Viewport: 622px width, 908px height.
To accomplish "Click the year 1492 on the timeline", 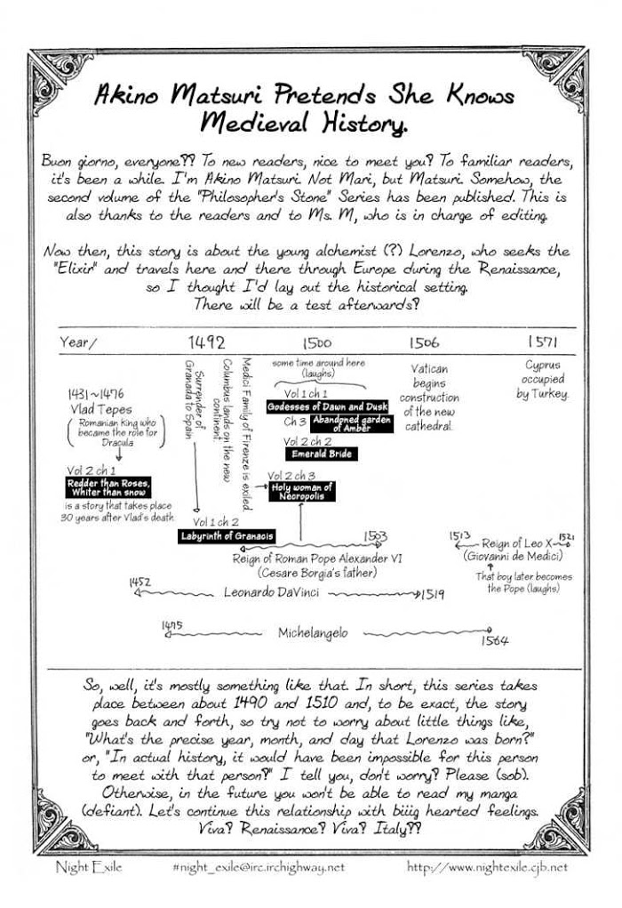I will (x=206, y=342).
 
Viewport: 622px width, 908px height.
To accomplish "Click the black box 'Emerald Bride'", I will (x=318, y=454).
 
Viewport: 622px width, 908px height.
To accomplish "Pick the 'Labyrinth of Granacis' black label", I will (x=227, y=536).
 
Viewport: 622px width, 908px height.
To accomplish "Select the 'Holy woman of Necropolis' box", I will (x=301, y=491).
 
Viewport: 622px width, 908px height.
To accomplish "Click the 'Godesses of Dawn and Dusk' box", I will (x=328, y=406).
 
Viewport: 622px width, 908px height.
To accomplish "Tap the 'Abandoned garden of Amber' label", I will (x=352, y=423).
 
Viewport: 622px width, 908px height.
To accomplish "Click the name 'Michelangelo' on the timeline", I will (x=313, y=632).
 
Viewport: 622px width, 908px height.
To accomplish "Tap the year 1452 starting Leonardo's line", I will (x=139, y=581).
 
